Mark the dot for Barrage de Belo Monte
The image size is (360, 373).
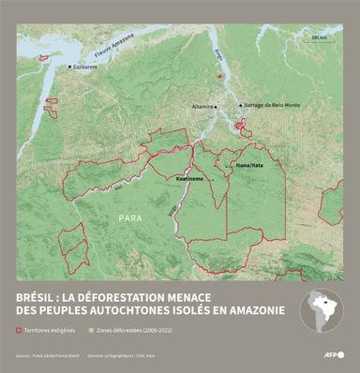click(x=241, y=106)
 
